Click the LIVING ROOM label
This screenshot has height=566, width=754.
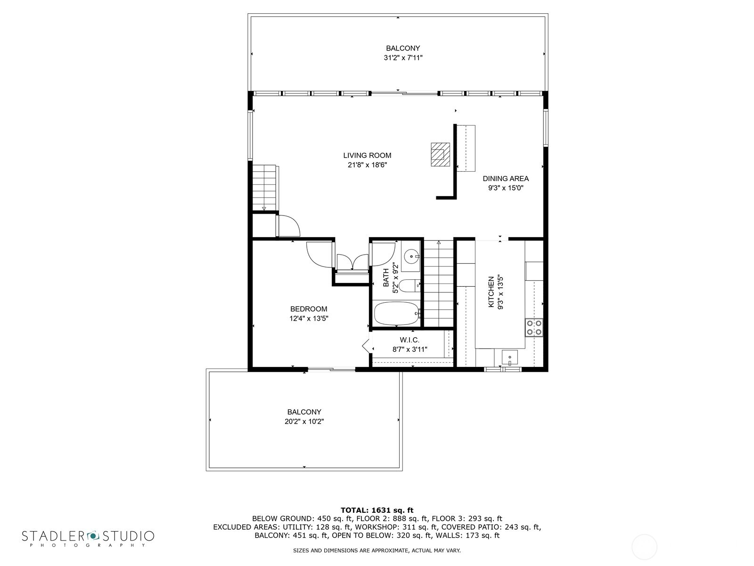tap(367, 155)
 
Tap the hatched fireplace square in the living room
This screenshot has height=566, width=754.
tap(440, 154)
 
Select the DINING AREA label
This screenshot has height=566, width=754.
tap(506, 179)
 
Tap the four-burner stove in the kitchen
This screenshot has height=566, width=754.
tap(534, 327)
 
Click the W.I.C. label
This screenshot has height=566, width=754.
tap(410, 340)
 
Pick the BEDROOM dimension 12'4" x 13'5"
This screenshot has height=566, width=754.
tap(309, 318)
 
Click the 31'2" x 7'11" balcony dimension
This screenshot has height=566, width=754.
tap(403, 58)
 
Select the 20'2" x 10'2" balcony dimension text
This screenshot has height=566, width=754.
tap(304, 422)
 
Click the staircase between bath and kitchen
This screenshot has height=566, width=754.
tap(438, 283)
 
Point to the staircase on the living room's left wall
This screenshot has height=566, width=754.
tap(264, 188)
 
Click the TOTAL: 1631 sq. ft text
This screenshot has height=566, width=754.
tap(377, 510)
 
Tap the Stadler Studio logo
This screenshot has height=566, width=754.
tap(88, 538)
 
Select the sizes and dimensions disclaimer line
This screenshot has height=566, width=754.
tap(377, 550)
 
